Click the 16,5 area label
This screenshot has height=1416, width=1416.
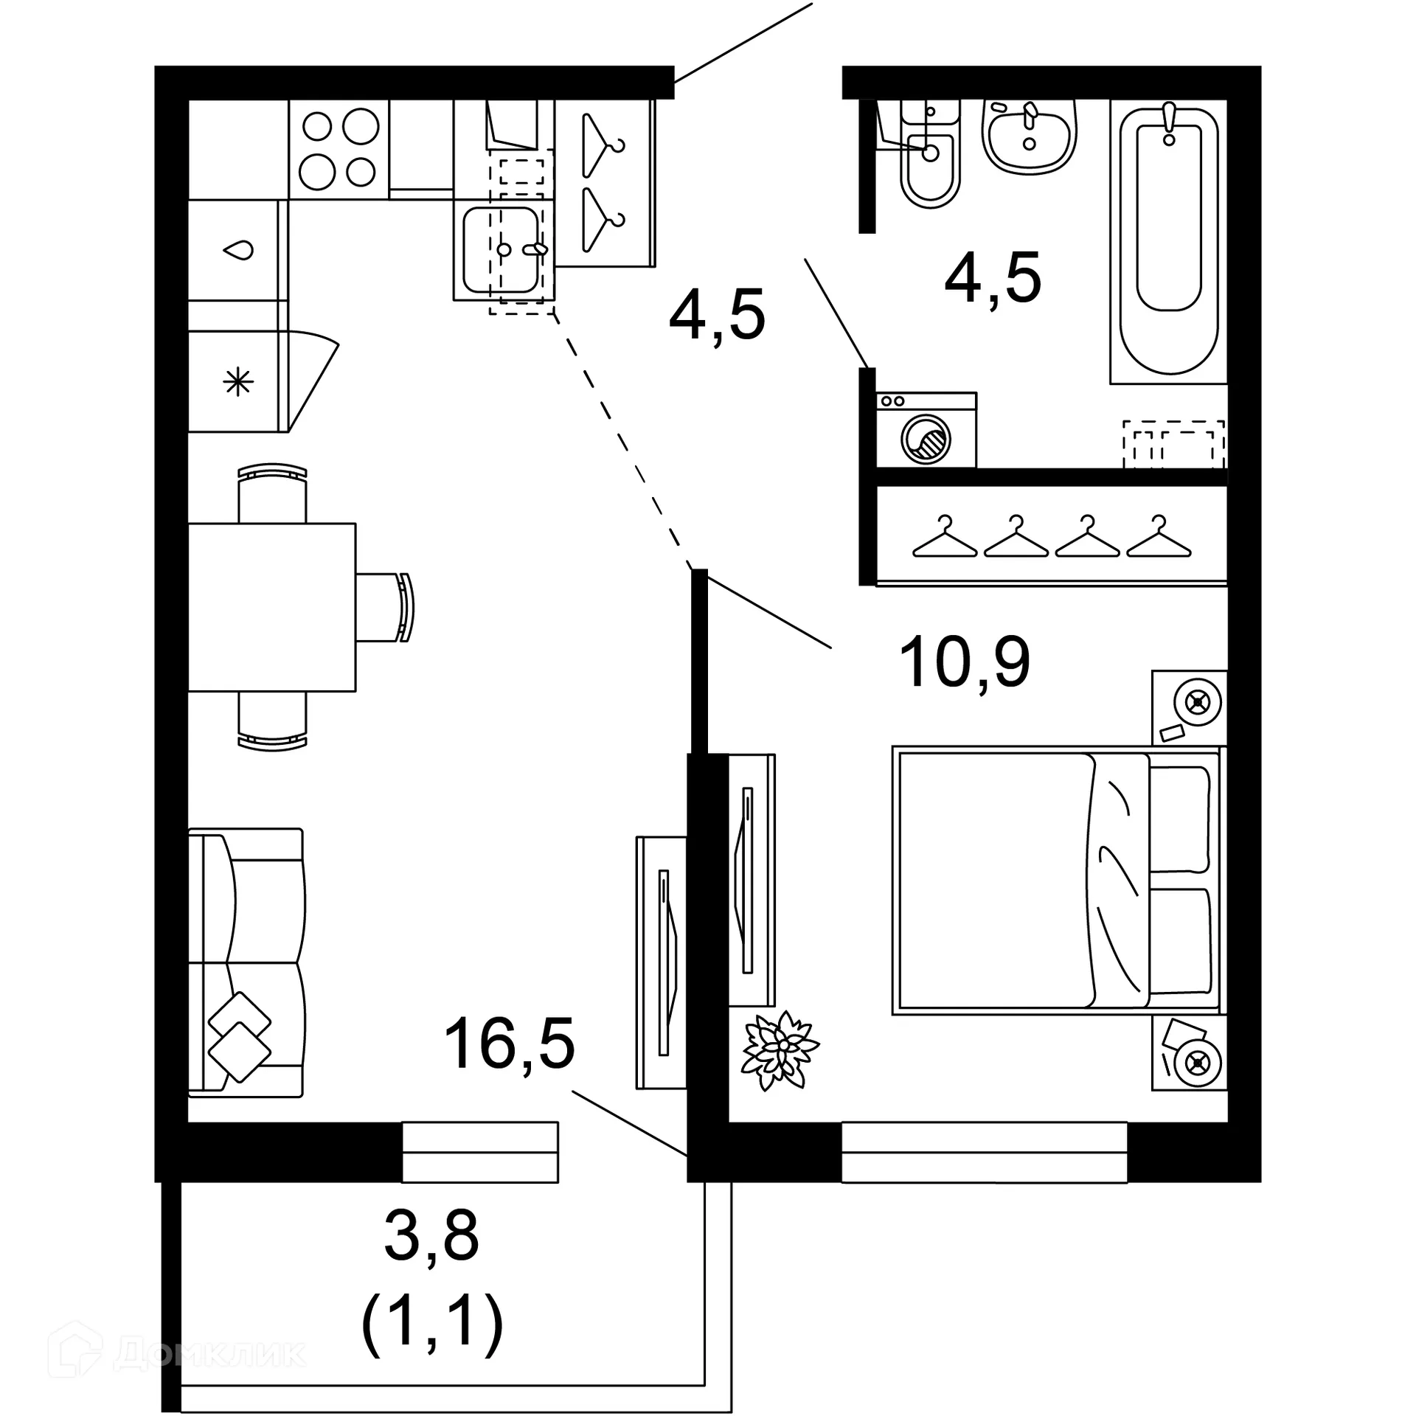pos(509,1043)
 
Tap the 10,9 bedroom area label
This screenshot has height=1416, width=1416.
pos(964,662)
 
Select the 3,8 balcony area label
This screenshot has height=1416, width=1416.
pos(431,1235)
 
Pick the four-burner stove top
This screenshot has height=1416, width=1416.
pos(339,149)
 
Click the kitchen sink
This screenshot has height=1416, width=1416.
pos(502,249)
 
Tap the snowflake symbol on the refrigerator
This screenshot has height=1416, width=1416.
pos(238,382)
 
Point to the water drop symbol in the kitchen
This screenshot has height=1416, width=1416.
pos(238,250)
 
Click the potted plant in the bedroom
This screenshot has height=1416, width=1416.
pos(779,1050)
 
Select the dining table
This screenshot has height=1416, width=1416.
pos(271,607)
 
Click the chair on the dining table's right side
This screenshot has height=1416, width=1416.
pos(386,608)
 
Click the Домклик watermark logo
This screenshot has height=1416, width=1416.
pos(177,1353)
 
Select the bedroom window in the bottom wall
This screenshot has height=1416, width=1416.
pos(984,1152)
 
